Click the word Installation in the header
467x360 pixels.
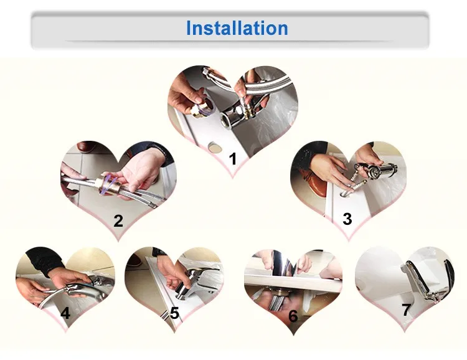coord(237,28)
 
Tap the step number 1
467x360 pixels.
coord(233,159)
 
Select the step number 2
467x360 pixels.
coord(118,221)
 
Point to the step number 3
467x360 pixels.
coord(347,219)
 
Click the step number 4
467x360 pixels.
coord(65,313)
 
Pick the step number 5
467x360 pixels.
coord(174,313)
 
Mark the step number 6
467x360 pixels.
coord(293,316)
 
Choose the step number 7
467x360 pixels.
coord(407,310)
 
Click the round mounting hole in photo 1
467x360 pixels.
coord(214,146)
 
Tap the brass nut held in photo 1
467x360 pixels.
coord(202,108)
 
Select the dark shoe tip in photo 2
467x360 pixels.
coord(85,146)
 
